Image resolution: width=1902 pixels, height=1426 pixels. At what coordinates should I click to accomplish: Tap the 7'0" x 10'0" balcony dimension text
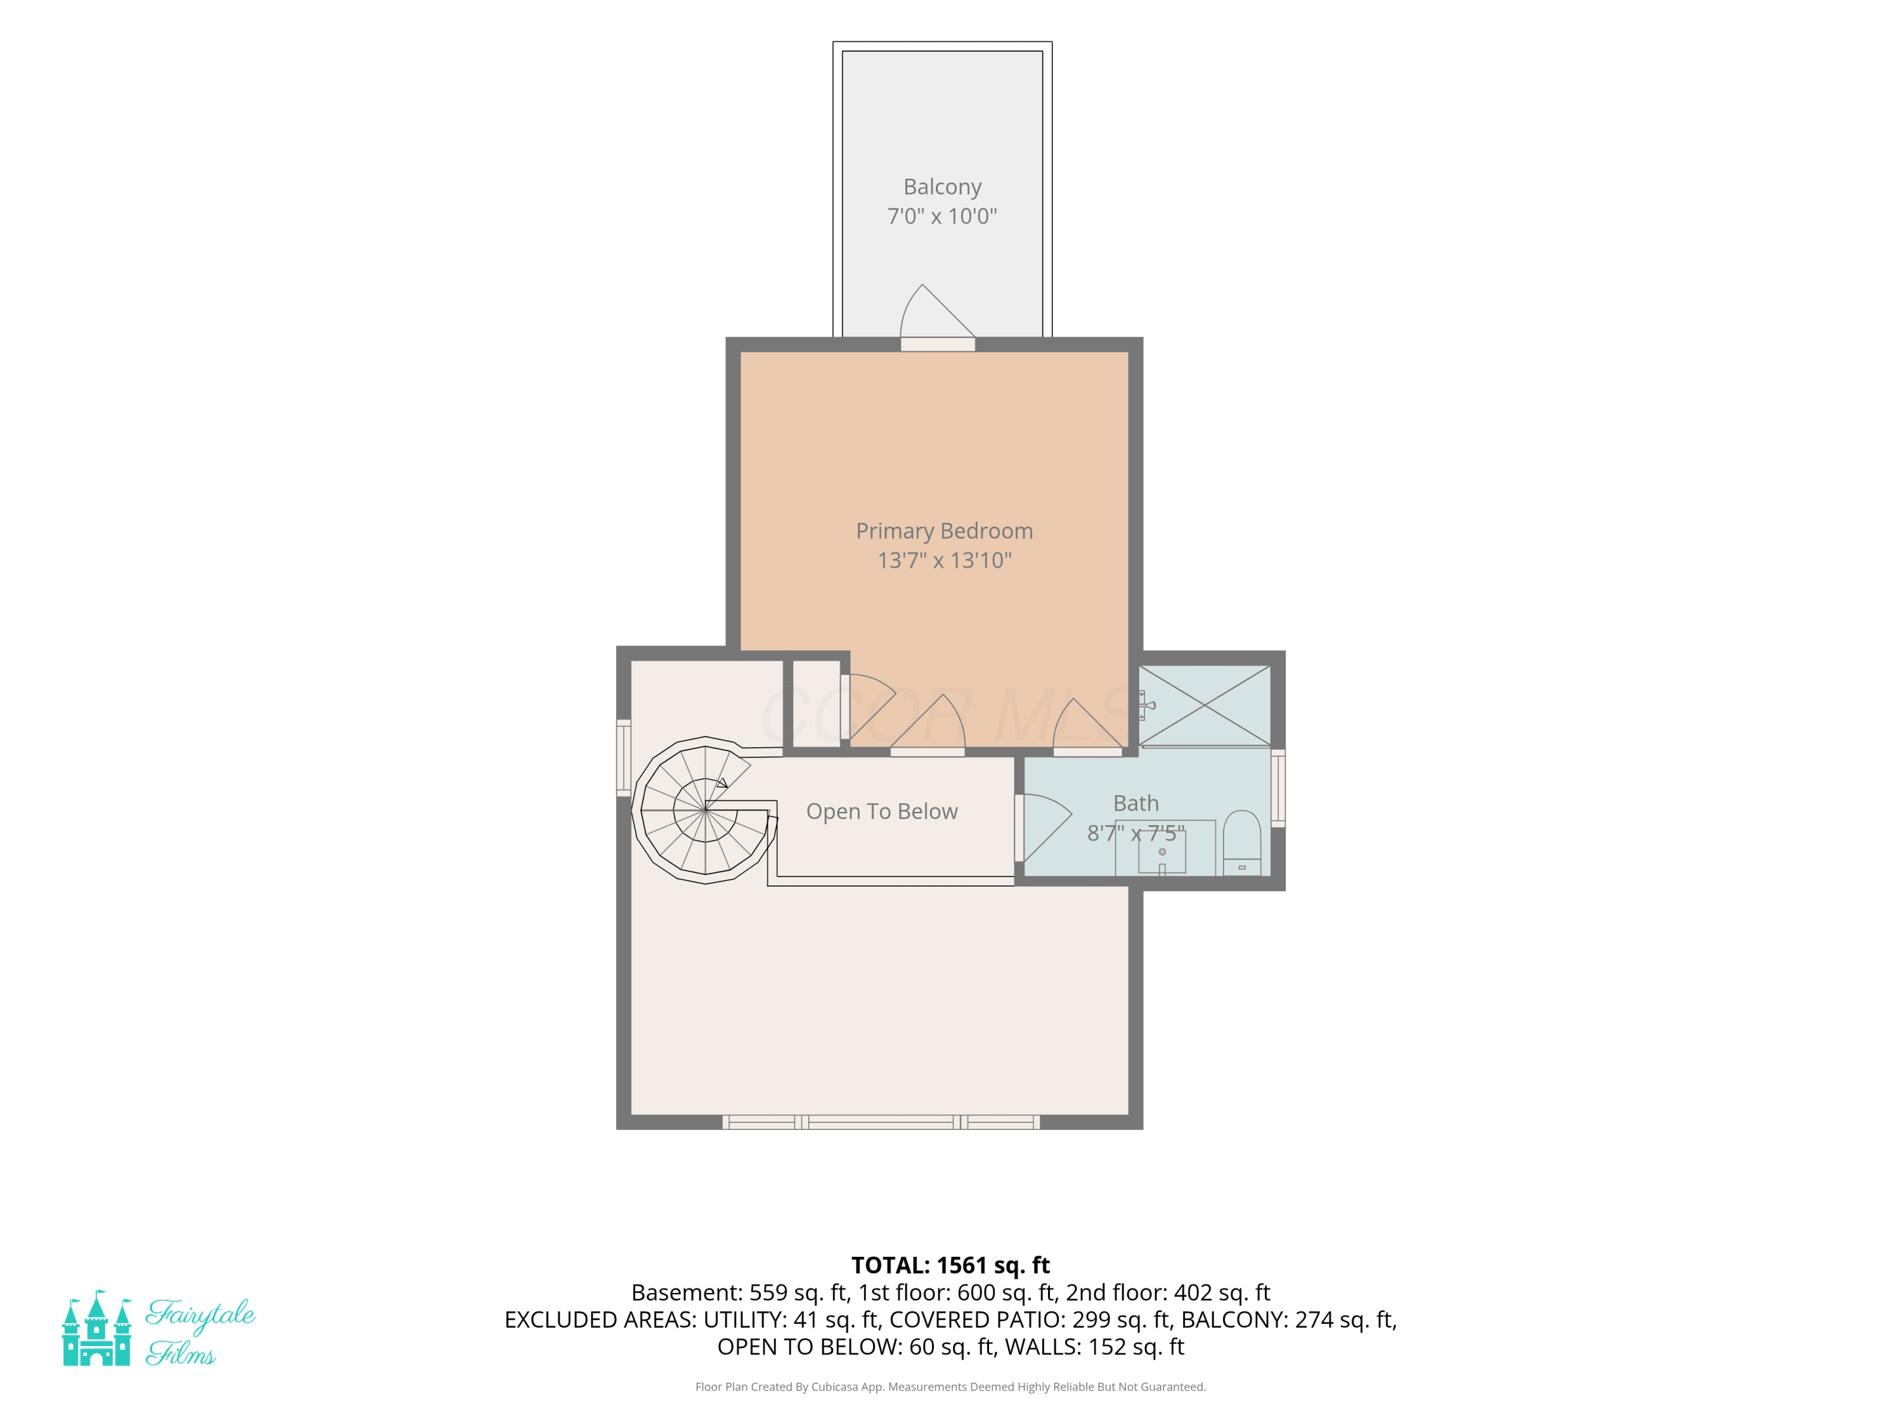point(942,215)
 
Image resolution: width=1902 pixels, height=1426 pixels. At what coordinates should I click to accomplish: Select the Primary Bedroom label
point(944,531)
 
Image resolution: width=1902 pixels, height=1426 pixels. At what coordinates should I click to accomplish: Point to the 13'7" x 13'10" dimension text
point(944,560)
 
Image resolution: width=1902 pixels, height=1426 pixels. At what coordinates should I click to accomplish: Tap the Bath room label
point(1136,803)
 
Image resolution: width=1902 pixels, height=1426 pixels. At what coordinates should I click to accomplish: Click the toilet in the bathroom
point(1241,842)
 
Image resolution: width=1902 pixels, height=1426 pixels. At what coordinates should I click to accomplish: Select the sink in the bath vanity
point(1161,852)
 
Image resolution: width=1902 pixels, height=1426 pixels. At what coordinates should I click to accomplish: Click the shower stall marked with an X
point(1205,705)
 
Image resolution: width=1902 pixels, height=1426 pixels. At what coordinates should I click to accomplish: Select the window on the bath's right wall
point(1278,788)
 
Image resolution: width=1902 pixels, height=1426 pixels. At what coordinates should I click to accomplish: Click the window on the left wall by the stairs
point(623,757)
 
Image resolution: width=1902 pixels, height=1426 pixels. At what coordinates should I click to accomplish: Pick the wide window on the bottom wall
point(881,1122)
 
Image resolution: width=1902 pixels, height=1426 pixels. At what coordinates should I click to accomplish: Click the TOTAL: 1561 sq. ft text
point(950,1265)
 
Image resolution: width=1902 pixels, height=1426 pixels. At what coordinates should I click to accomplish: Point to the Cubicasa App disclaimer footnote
point(950,1387)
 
